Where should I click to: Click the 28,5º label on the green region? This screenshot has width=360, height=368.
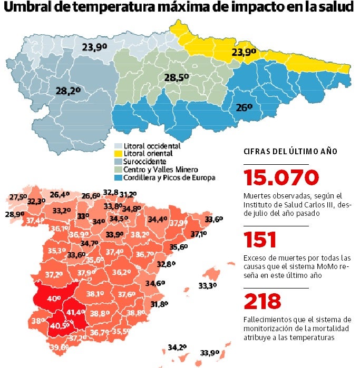pyautogui.click(x=176, y=78)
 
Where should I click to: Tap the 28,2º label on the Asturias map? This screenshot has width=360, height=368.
pyautogui.click(x=68, y=91)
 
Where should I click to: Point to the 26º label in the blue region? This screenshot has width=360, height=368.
pyautogui.click(x=244, y=107)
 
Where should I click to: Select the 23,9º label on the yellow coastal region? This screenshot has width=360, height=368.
pyautogui.click(x=244, y=52)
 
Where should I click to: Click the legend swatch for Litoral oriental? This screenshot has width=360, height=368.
pyautogui.click(x=119, y=154)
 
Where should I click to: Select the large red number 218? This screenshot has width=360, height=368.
pyautogui.click(x=262, y=302)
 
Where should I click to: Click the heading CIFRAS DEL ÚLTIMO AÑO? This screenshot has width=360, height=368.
pyautogui.click(x=290, y=152)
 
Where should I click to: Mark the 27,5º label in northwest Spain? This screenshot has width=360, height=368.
pyautogui.click(x=18, y=197)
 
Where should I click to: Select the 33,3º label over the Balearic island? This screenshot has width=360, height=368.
pyautogui.click(x=208, y=286)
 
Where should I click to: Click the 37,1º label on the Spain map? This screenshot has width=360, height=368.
pyautogui.click(x=199, y=233)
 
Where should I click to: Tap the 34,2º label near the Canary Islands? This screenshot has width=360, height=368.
pyautogui.click(x=177, y=347)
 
